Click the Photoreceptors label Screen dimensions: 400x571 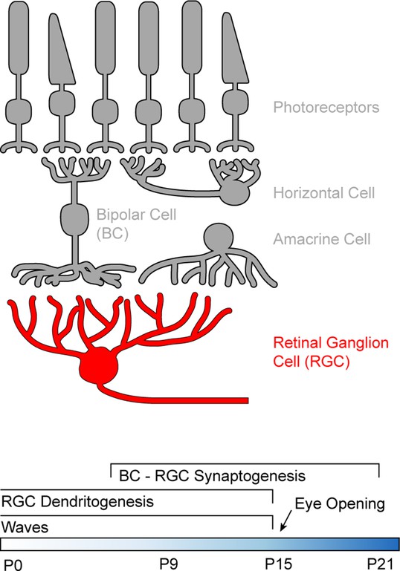pyautogui.click(x=326, y=108)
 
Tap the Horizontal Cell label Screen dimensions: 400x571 pyautogui.click(x=324, y=193)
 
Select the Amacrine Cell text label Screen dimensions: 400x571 pyautogui.click(x=322, y=239)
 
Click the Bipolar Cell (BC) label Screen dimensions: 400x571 pyautogui.click(x=136, y=224)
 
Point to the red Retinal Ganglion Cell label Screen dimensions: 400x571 pyautogui.click(x=331, y=352)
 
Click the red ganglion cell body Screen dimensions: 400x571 pyautogui.click(x=99, y=365)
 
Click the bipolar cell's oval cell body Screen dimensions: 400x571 pyautogui.click(x=74, y=218)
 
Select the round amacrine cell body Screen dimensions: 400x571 pyautogui.click(x=218, y=237)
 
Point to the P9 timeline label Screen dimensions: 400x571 pyautogui.click(x=169, y=564)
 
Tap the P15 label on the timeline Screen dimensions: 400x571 pyautogui.click(x=278, y=564)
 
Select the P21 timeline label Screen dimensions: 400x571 pyautogui.click(x=381, y=564)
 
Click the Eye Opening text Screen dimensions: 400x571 pyautogui.click(x=340, y=504)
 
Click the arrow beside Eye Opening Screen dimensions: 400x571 pyautogui.click(x=286, y=521)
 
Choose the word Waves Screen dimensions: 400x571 pyautogui.click(x=25, y=527)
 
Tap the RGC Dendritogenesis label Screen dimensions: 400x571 pyautogui.click(x=77, y=502)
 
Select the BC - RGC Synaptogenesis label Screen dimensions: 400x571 pyautogui.click(x=212, y=476)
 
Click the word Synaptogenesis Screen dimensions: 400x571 pyautogui.click(x=250, y=476)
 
